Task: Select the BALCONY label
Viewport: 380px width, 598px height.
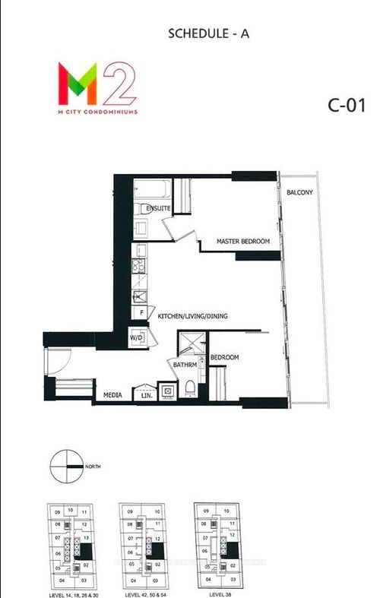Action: coord(299,192)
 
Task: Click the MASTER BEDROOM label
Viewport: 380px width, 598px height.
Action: coord(243,242)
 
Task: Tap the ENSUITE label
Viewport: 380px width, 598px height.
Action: coord(158,209)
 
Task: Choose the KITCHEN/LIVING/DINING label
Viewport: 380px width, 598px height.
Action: coord(193,316)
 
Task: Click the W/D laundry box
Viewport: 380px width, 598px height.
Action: coord(137,337)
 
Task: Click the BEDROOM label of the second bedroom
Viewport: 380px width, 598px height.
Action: coord(225,357)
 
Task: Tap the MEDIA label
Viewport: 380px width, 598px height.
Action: coord(115,394)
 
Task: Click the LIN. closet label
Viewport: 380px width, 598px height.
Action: coord(147,395)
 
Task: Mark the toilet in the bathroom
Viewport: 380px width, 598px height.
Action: coord(189,388)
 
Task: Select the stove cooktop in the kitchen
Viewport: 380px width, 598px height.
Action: coord(140,266)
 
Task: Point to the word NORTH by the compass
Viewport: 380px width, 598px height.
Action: coord(94,467)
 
